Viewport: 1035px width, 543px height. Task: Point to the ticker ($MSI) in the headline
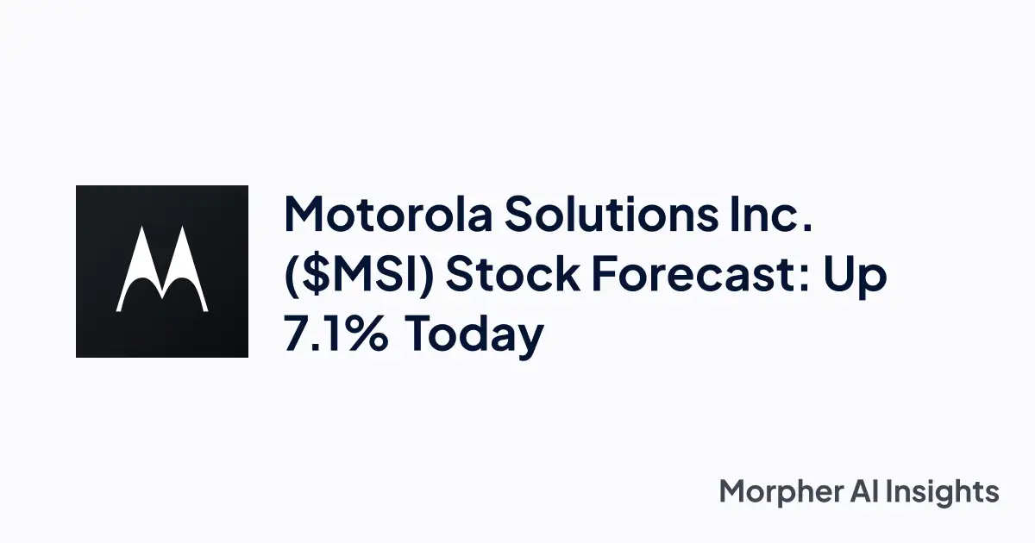(359, 276)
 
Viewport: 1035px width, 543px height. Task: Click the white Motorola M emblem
(162, 271)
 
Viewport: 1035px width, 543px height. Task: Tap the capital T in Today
(423, 334)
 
